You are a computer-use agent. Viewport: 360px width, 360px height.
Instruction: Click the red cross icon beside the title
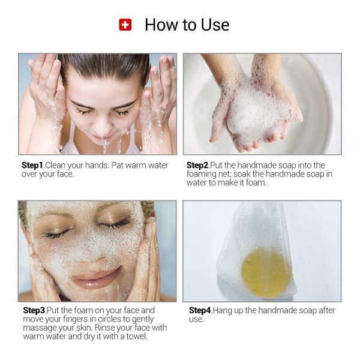[x=125, y=25]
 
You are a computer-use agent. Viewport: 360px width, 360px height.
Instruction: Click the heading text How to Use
[x=187, y=25]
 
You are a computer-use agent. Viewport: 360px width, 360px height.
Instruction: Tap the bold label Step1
[x=33, y=165]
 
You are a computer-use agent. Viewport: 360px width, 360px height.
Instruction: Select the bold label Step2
[x=198, y=165]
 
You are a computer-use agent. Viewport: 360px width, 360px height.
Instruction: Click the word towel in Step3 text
[x=134, y=336]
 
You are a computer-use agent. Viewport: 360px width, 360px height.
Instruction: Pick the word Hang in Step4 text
[x=224, y=310]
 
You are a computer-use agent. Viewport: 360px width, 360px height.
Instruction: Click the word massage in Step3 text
[x=38, y=328]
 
